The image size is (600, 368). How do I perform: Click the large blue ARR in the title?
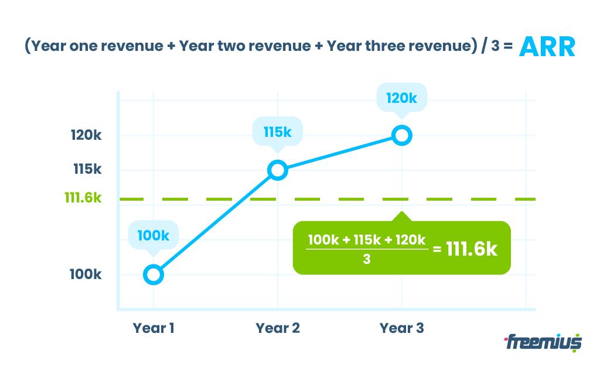[547, 46]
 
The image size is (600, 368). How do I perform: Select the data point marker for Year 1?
[153, 274]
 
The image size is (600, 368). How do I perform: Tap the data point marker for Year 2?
[278, 170]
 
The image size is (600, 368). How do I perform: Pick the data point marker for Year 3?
[402, 136]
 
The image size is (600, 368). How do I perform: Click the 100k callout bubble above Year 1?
[153, 236]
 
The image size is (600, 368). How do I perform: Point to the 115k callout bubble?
[277, 132]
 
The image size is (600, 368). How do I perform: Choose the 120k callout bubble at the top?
[401, 98]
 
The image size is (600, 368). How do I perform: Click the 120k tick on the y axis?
[86, 136]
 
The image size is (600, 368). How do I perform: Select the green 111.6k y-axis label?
[83, 198]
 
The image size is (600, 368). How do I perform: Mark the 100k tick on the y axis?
[86, 274]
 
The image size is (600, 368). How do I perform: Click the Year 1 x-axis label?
[154, 328]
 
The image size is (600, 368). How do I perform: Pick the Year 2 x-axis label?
[278, 328]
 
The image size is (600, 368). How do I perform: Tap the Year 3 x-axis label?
[402, 328]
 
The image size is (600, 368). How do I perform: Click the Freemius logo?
[542, 341]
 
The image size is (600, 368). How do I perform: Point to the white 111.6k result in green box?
[472, 249]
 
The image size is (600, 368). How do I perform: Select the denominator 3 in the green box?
[366, 259]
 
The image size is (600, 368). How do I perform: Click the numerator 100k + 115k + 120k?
[367, 240]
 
